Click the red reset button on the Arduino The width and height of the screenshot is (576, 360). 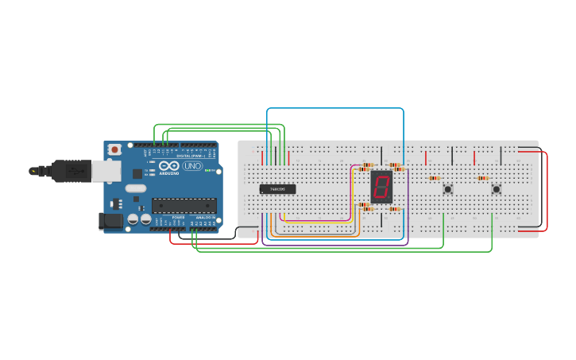pos(115,149)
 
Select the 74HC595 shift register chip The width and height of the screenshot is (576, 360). pos(278,189)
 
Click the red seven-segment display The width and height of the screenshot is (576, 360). pos(381,187)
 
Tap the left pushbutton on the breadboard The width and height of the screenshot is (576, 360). pos(448,188)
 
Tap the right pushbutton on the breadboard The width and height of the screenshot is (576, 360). pos(497,188)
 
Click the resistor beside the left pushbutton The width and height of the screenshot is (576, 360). pos(434,178)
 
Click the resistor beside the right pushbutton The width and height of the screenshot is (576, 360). pos(483,178)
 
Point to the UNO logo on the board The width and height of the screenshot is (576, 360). pos(193,166)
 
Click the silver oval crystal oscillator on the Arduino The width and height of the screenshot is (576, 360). pos(136,188)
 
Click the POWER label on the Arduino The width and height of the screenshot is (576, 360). pos(179,217)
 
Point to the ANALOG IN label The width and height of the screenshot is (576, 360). pos(205,217)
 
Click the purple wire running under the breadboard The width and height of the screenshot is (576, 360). pos(334,245)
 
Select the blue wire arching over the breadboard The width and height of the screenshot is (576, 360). pos(334,108)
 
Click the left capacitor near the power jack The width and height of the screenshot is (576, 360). pos(133,218)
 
